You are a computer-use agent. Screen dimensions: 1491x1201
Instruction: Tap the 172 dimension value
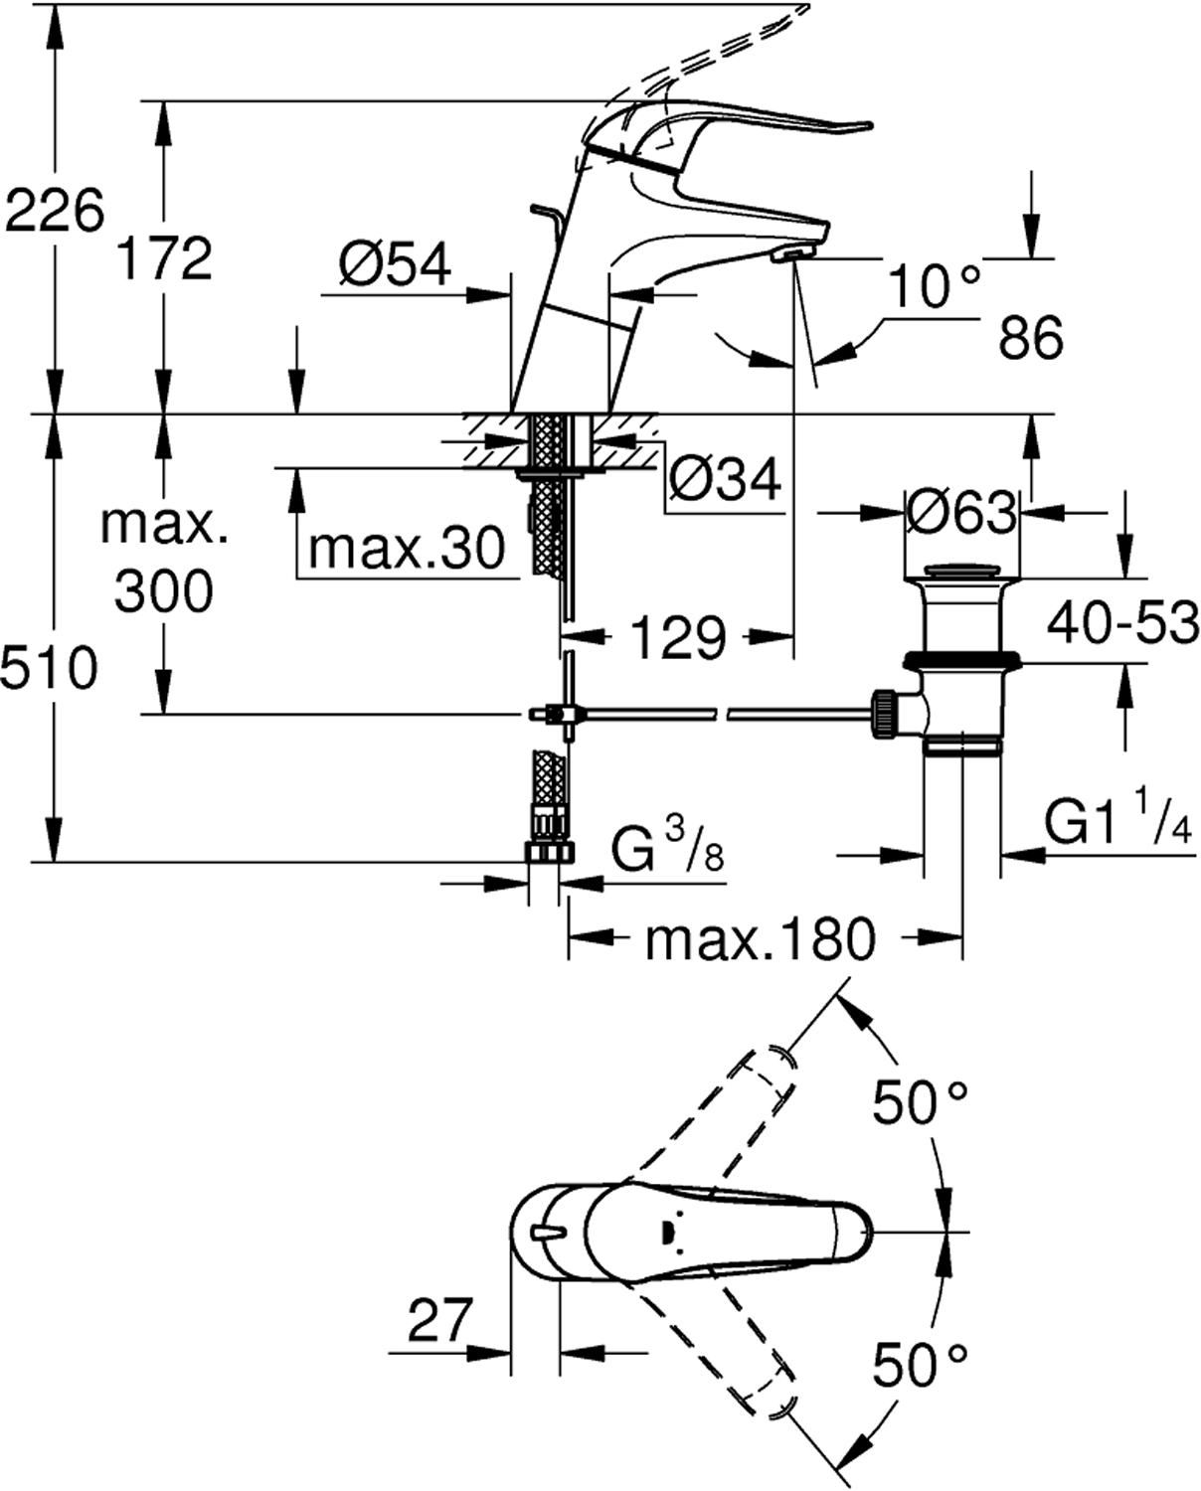pos(164,258)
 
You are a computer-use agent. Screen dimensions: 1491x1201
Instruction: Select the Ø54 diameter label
pos(395,265)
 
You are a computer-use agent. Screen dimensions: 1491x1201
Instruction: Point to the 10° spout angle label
pos(934,288)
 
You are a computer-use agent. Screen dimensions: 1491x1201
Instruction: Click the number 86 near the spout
pos(1031,339)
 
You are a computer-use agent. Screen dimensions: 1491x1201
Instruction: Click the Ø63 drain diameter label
pos(961,514)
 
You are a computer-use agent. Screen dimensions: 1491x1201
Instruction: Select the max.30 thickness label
pos(407,548)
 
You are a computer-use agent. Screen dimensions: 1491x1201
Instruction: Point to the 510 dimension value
pos(50,668)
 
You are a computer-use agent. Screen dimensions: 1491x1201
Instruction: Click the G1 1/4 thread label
pos(1117,824)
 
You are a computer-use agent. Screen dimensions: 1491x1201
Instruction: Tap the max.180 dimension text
pos(761,938)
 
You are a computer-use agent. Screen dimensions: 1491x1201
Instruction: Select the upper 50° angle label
pos(920,1101)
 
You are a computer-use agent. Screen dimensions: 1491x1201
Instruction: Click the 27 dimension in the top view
pos(437,1322)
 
